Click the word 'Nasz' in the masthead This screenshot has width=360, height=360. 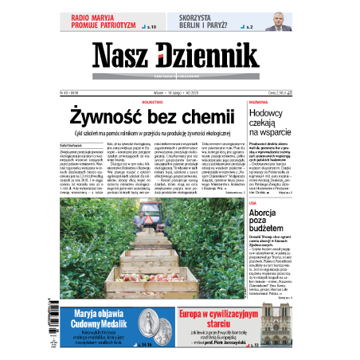[123, 57]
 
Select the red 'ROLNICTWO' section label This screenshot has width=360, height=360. [163, 102]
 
